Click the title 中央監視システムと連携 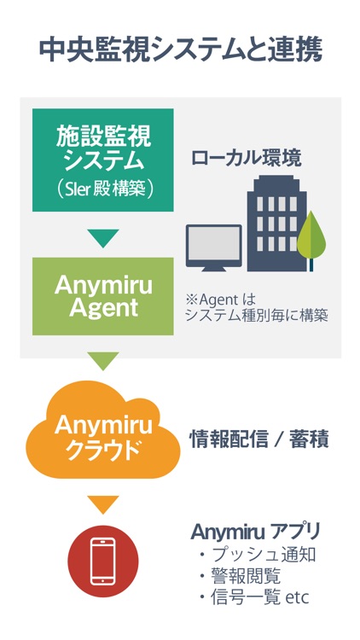(x=181, y=49)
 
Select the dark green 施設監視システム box (x=103, y=160)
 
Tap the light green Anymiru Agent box (x=103, y=296)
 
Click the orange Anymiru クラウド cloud (x=103, y=434)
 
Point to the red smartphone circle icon (x=103, y=561)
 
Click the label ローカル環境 (x=247, y=159)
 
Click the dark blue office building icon (x=276, y=224)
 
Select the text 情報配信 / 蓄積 (x=259, y=440)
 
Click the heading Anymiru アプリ (x=256, y=532)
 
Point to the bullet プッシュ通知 (x=258, y=555)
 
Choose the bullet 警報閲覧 (x=240, y=576)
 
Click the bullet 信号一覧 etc (x=254, y=597)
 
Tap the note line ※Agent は (x=220, y=300)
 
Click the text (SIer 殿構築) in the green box (x=104, y=190)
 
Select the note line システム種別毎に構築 (x=257, y=316)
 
